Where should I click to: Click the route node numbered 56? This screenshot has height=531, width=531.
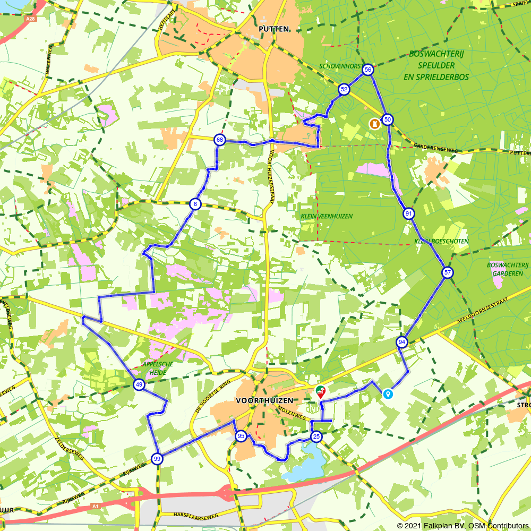coord(367,70)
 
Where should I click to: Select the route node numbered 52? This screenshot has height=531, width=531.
coord(344,89)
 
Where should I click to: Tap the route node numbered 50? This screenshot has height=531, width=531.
coord(388,119)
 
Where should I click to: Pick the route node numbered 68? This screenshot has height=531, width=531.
coord(219,140)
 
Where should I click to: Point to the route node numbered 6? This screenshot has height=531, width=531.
coord(195,204)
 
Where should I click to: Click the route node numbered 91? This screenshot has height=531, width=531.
coord(408,214)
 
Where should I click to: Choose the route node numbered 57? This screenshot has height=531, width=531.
coord(448,272)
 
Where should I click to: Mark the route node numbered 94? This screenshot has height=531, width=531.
coord(402,342)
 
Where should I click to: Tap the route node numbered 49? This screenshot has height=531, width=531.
coord(139,385)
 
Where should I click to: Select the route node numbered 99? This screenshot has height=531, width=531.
coord(157,459)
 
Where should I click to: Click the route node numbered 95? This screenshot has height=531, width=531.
coord(241,436)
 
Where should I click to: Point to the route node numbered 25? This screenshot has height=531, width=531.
coord(316,436)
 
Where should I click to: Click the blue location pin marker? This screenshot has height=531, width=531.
coord(388,393)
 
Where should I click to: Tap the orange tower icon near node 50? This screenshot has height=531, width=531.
coord(375,123)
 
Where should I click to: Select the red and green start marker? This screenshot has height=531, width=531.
coord(321,392)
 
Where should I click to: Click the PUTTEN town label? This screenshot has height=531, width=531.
coord(274,29)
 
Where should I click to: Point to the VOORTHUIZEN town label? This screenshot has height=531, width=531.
coord(264,400)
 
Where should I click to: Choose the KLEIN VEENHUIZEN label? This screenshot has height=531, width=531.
coord(327,216)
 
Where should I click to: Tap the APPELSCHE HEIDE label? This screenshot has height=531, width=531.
coord(154,369)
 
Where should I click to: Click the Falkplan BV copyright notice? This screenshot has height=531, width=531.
coord(461,525)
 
